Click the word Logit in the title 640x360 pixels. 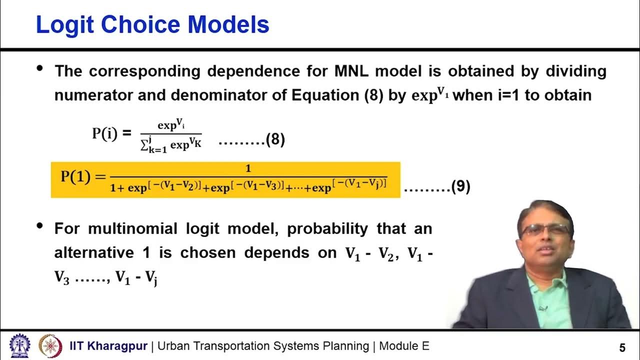click(63, 25)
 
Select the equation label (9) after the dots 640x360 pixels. click(460, 187)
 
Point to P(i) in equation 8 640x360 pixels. click(105, 133)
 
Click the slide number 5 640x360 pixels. click(622, 347)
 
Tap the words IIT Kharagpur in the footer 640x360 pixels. click(108, 346)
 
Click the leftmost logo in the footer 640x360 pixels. click(20, 345)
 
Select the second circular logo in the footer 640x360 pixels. click(50, 345)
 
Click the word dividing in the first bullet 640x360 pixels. click(575, 71)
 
